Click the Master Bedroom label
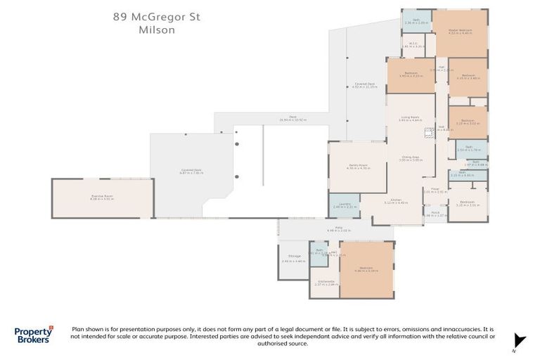[x=460, y=32]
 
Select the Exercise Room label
[x=102, y=198]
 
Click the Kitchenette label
[x=324, y=283]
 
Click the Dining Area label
[x=410, y=158]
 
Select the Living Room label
[x=410, y=118]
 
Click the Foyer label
[x=435, y=190]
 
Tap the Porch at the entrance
[x=435, y=214]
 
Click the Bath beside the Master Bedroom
[x=416, y=21]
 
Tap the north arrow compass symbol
[x=518, y=340]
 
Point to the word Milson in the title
[x=156, y=30]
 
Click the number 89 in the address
[x=122, y=16]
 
